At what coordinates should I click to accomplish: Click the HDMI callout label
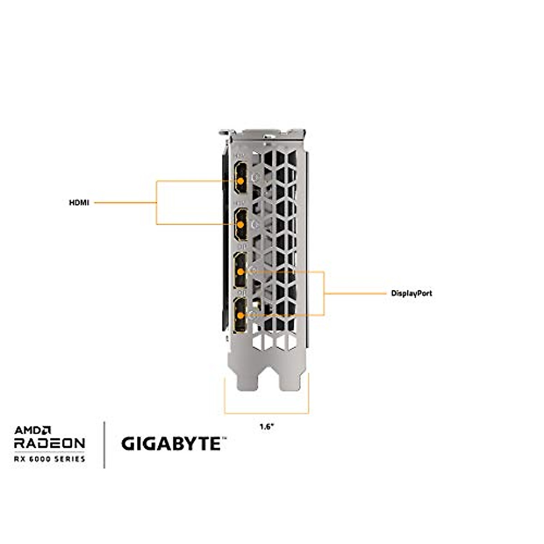tap(79, 203)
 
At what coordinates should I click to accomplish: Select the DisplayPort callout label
tap(412, 293)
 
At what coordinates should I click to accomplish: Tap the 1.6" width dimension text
tap(267, 427)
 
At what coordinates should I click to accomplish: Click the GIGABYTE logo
tap(171, 444)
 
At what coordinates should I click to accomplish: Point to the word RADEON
tap(49, 443)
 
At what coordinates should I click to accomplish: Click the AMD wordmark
tap(33, 430)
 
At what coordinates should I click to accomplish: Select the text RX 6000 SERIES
tap(49, 459)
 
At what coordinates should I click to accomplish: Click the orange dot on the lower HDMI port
tap(240, 224)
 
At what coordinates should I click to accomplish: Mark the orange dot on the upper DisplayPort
tap(240, 272)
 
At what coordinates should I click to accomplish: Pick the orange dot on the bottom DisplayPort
tap(240, 315)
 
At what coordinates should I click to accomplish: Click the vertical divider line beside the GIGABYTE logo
tap(105, 444)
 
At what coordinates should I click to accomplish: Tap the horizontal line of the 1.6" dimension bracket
tap(267, 413)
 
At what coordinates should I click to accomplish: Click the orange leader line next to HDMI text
tap(125, 203)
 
